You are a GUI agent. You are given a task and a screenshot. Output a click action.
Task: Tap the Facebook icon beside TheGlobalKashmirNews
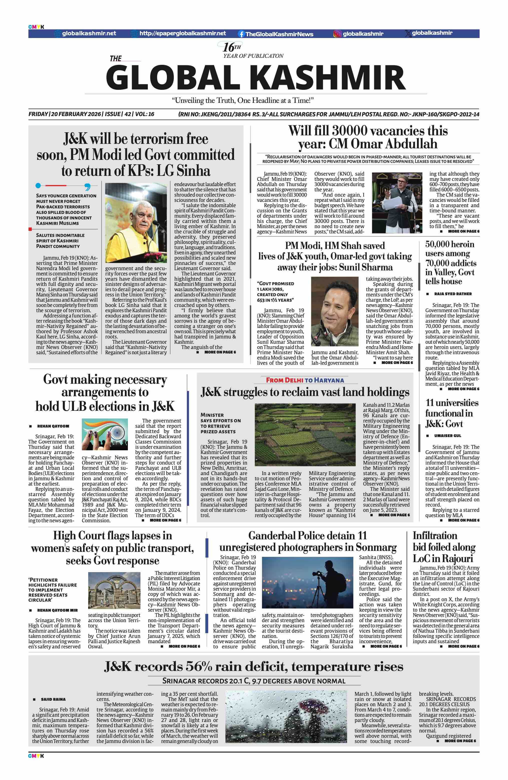[241, 34]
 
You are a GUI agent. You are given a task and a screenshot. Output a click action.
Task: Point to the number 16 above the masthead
[228, 48]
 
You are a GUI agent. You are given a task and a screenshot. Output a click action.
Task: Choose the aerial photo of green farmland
[305, 434]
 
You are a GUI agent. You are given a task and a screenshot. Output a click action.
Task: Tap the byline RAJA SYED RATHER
[453, 294]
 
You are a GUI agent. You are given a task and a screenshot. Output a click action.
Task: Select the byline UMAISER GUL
[448, 436]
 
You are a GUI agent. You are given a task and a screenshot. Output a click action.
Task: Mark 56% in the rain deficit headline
[203, 667]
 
